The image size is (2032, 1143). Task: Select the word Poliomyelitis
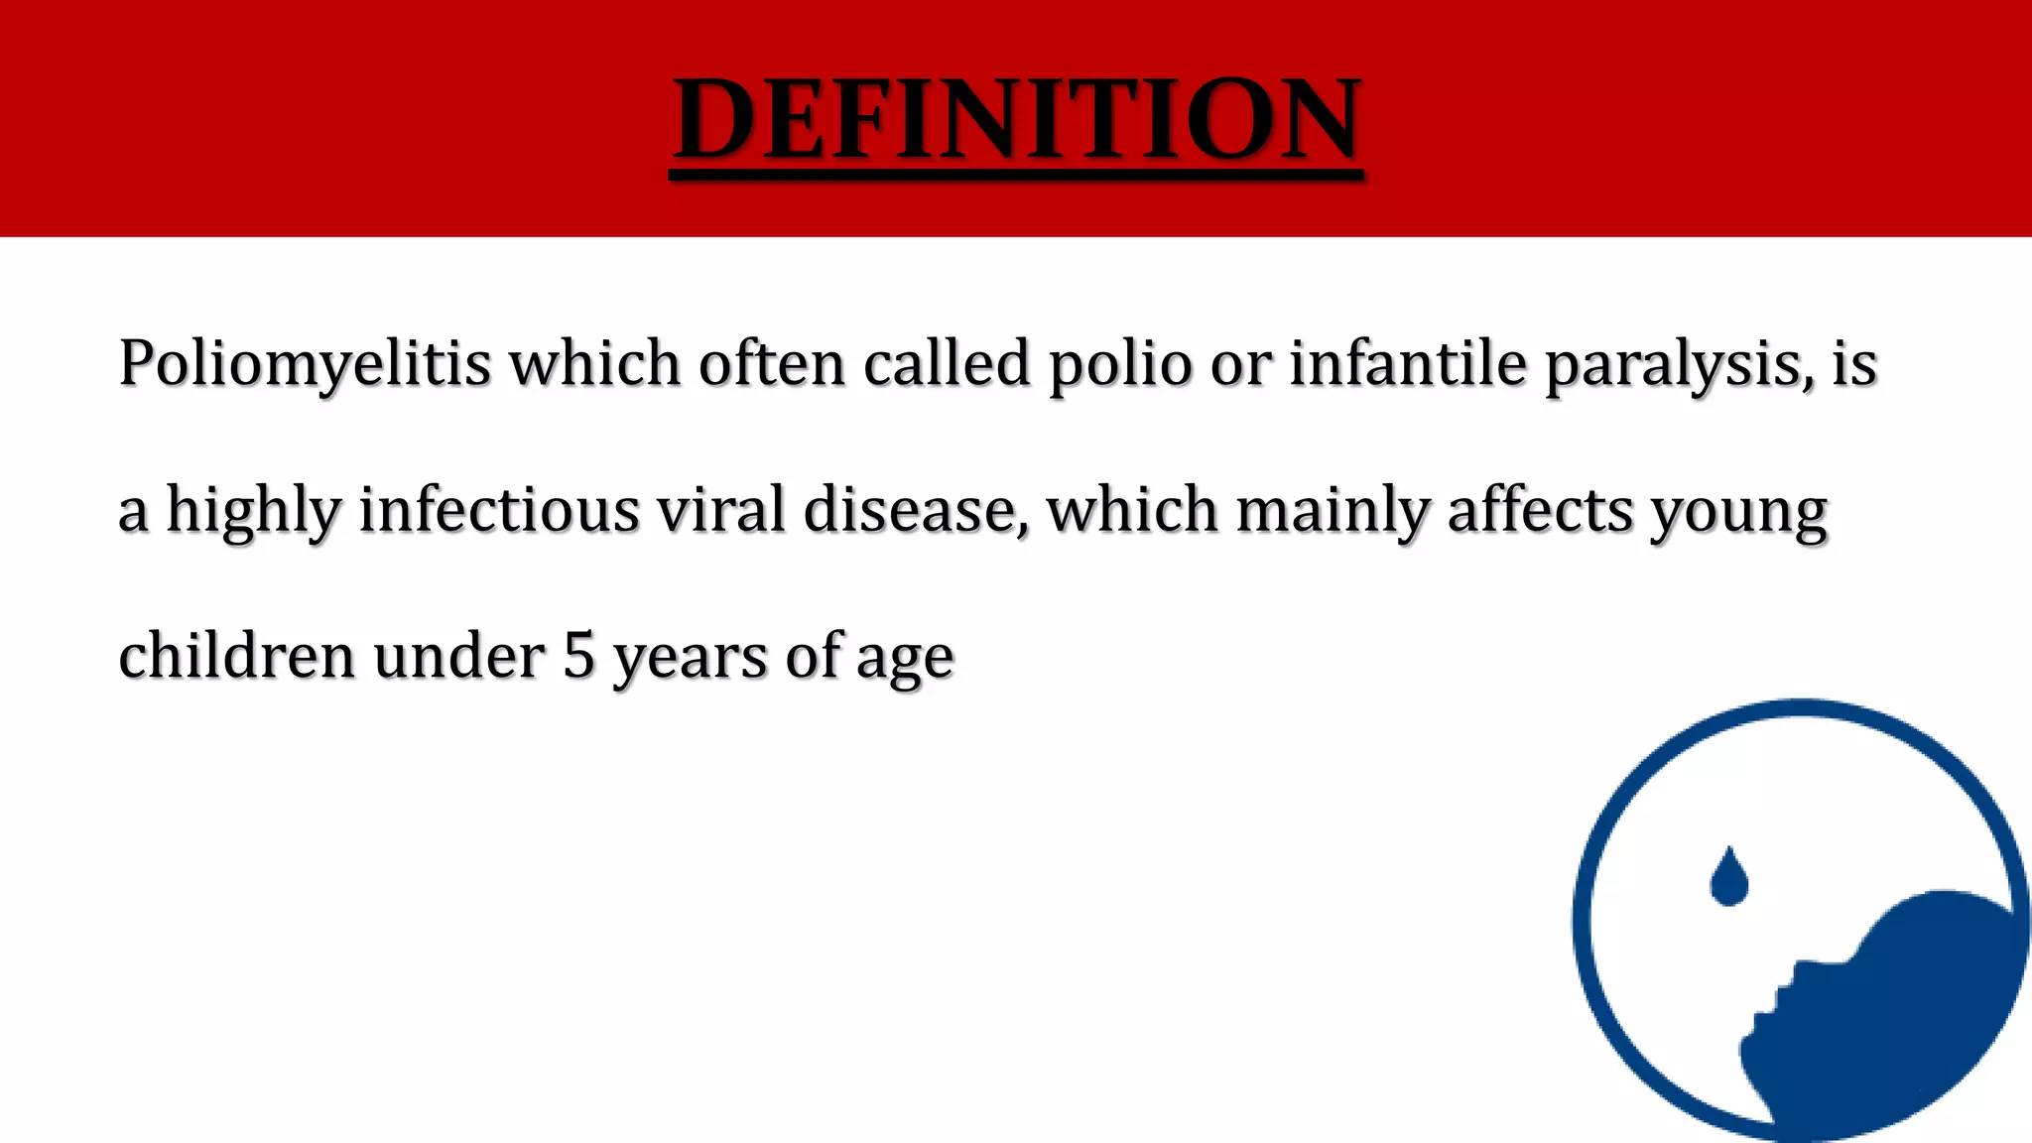305,364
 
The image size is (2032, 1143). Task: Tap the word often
771,363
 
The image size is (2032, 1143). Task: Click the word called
947,363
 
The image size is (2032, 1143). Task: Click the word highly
253,511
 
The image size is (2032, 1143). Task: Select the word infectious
499,510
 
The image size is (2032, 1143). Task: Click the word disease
909,511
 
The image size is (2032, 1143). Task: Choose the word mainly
1333,511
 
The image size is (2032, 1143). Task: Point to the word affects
1540,510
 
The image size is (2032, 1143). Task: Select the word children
237,656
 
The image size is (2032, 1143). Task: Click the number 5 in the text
578,656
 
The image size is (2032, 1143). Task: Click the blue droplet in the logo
1728,878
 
